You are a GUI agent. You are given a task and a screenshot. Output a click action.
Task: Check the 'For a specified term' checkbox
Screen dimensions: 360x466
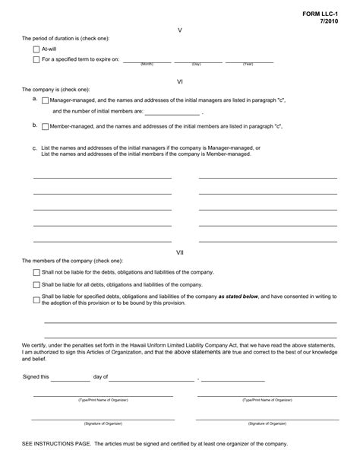36,59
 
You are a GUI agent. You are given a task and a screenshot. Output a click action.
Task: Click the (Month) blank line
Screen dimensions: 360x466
146,61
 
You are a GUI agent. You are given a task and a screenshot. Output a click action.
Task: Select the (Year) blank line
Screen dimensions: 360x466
247,61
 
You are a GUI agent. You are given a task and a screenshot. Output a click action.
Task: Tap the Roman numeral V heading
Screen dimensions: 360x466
179,30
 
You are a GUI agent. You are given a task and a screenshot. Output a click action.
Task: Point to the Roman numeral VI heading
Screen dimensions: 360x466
179,79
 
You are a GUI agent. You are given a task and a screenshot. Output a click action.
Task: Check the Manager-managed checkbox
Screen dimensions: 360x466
45,100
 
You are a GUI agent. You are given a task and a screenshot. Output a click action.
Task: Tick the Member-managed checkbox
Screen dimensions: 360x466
45,126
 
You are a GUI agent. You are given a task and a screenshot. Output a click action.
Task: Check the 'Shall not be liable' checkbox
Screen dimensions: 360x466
36,272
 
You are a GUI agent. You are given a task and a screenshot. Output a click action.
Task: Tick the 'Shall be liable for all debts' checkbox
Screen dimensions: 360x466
36,285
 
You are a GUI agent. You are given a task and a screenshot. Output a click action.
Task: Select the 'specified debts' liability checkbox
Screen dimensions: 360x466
36,300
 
